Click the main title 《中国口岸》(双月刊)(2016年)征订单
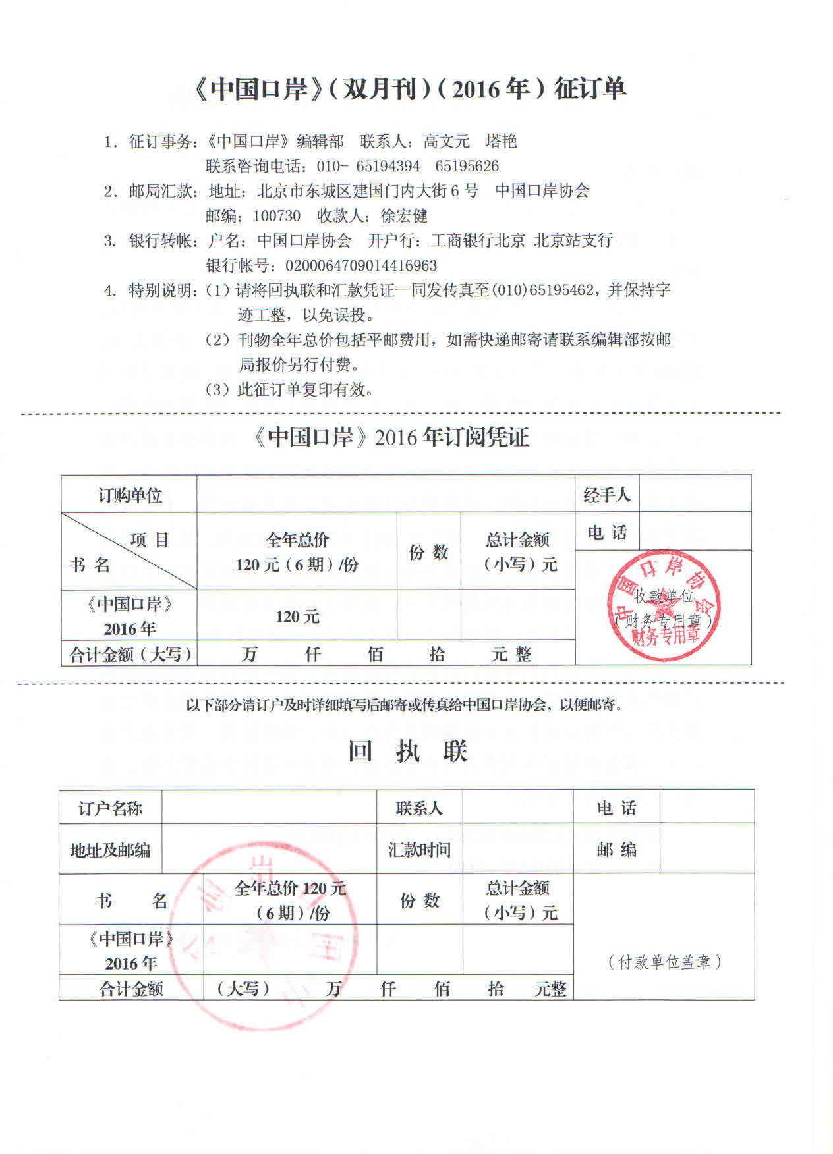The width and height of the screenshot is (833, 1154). pyautogui.click(x=410, y=89)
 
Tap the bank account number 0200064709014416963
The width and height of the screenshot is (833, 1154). pyautogui.click(x=360, y=265)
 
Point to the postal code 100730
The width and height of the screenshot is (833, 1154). pyautogui.click(x=277, y=216)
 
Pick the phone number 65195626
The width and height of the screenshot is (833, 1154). pyautogui.click(x=467, y=166)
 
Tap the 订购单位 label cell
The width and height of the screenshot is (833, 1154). pyautogui.click(x=130, y=495)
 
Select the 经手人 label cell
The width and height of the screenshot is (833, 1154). pyautogui.click(x=606, y=495)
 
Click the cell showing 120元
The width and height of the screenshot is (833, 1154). pyautogui.click(x=297, y=617)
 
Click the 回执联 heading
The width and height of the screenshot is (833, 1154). pyautogui.click(x=408, y=752)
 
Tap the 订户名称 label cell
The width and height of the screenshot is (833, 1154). pyautogui.click(x=110, y=808)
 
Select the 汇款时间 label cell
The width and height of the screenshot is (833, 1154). pyautogui.click(x=419, y=850)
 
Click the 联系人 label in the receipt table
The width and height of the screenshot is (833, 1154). pyautogui.click(x=419, y=808)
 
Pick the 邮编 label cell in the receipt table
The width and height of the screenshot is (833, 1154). pyautogui.click(x=616, y=850)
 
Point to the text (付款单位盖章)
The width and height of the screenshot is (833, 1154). pyautogui.click(x=664, y=962)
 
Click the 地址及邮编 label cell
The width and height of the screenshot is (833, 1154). pyautogui.click(x=110, y=850)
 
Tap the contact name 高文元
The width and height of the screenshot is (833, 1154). pyautogui.click(x=446, y=141)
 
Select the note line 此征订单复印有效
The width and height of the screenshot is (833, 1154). pyautogui.click(x=305, y=390)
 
